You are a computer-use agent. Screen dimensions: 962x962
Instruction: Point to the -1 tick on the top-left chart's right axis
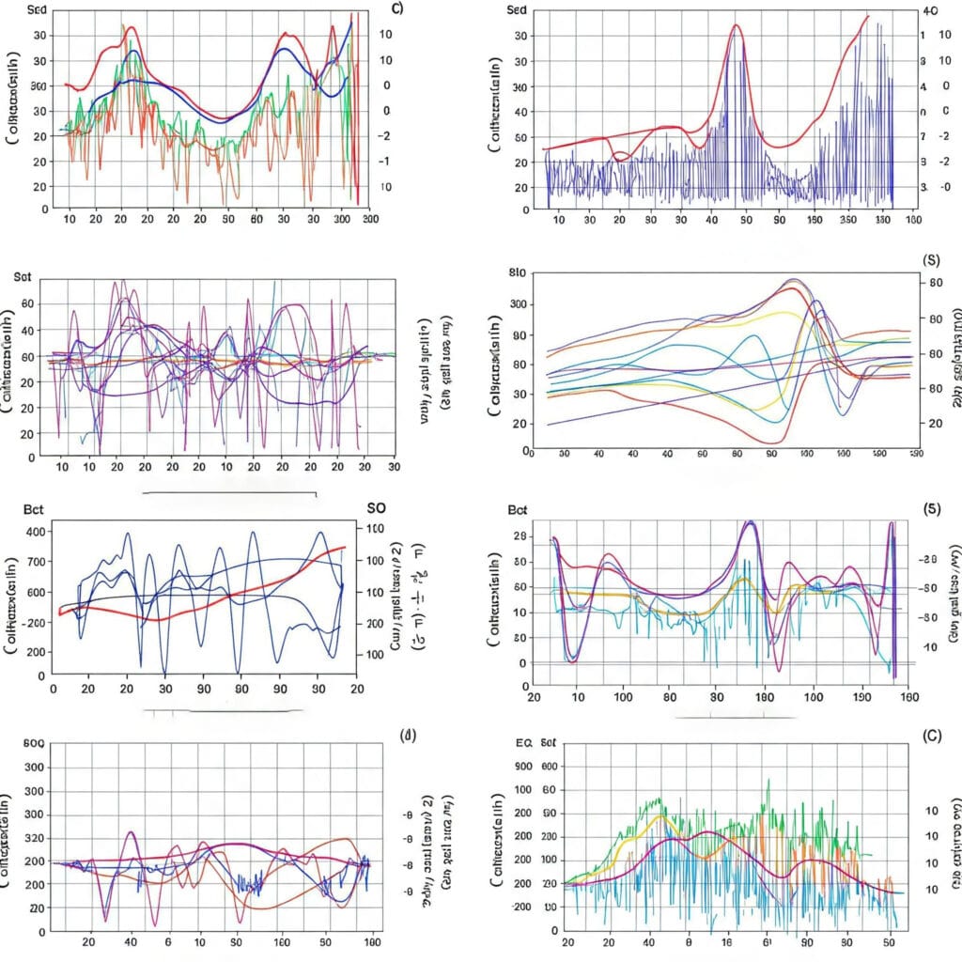[x=384, y=161]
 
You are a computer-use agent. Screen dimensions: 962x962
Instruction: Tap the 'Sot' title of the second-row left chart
[x=23, y=278]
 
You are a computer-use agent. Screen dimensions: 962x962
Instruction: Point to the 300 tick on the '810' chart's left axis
[x=515, y=304]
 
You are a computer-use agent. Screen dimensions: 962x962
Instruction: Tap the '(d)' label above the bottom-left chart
[x=408, y=735]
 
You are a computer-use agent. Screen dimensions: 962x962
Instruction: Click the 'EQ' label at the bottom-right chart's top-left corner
[x=524, y=743]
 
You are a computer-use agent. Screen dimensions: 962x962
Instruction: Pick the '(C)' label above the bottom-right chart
[x=933, y=737]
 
